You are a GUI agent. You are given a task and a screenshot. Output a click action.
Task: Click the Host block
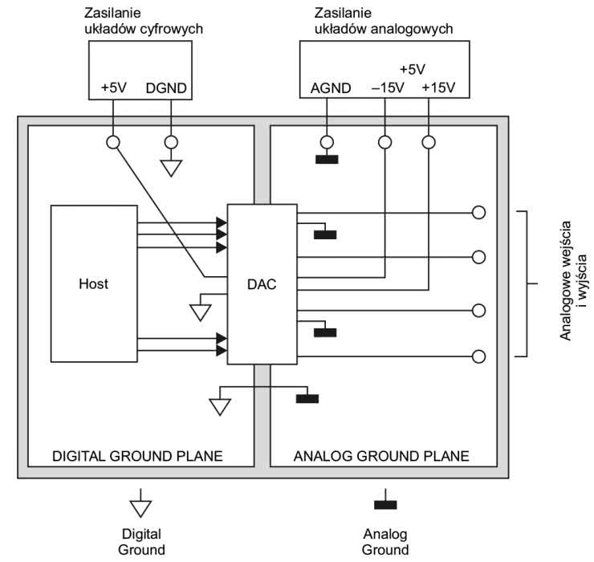(94, 283)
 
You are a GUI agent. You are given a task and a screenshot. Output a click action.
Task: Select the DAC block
(262, 283)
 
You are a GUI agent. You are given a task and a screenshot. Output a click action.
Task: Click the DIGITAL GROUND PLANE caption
(137, 456)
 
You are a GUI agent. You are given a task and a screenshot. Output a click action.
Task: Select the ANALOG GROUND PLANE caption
(381, 456)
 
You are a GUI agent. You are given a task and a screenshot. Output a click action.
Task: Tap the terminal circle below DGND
(170, 142)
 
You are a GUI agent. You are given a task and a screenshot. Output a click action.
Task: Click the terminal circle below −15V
(385, 142)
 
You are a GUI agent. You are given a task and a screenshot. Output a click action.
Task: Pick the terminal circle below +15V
(429, 142)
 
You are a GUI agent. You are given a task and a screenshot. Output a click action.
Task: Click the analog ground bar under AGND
(327, 158)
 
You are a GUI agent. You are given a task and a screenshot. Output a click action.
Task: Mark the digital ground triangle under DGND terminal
(170, 168)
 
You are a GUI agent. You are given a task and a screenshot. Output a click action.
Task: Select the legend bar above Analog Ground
(385, 504)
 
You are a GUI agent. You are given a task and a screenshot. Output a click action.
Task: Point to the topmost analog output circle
(479, 213)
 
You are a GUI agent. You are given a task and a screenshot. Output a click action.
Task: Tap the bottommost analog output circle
(479, 356)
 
